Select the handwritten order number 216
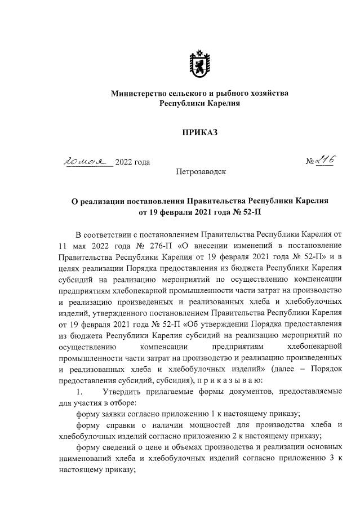click(324, 161)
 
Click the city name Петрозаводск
click(201, 171)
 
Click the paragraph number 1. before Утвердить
click(79, 392)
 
